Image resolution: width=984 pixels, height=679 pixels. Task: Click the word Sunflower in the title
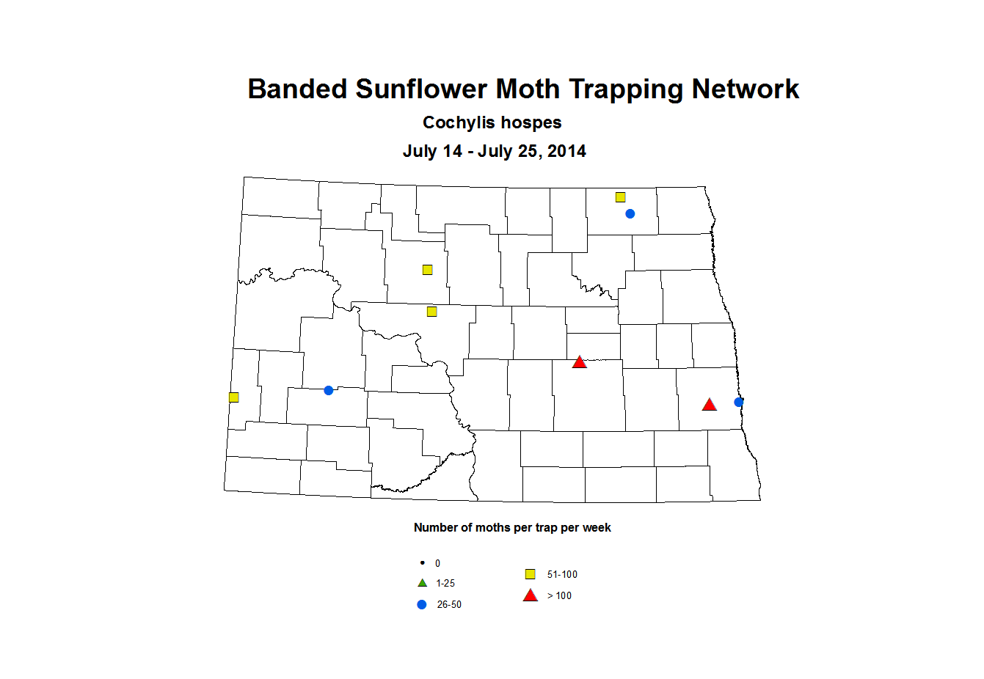coord(421,89)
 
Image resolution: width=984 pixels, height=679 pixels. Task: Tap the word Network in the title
coord(745,89)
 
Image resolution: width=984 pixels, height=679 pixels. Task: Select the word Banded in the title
coord(297,89)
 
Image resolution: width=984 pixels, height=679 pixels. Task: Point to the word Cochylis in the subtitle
coord(455,122)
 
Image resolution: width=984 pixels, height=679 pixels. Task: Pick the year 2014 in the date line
coord(566,151)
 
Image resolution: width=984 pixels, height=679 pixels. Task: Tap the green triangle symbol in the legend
coord(422,583)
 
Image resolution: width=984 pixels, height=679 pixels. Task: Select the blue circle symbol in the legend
coord(422,604)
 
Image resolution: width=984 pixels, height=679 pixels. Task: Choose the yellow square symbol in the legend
coord(530,574)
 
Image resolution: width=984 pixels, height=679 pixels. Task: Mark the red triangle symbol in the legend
coord(530,595)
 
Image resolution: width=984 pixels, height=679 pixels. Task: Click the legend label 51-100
coord(562,574)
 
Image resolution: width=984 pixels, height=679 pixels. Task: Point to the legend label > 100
coord(559,595)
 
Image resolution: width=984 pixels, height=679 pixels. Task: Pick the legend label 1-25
coord(445,583)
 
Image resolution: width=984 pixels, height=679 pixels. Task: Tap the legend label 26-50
coord(449,604)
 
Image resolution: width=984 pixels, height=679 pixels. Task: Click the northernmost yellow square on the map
coord(620,197)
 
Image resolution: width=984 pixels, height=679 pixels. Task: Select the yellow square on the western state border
coord(233,397)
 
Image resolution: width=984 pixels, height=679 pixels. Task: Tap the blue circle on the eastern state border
coord(739,402)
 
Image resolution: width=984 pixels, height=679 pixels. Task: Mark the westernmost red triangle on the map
coord(579,362)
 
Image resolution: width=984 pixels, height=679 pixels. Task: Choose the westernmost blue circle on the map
coord(329,390)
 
